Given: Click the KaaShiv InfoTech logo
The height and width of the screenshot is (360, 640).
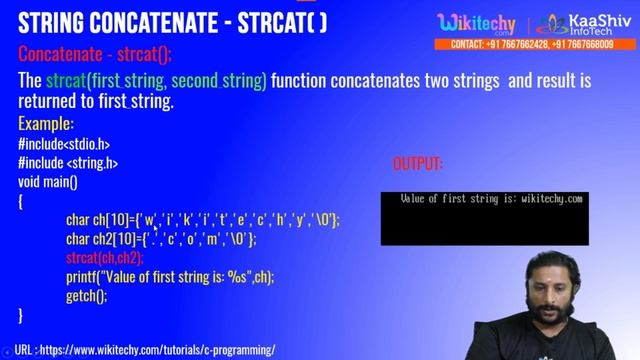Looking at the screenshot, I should coord(579,23).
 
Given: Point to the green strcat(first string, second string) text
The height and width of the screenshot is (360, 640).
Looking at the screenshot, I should coord(155,80).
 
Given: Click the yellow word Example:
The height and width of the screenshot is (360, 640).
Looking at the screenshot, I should coord(46,124).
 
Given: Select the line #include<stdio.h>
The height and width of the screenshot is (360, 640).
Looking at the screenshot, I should coord(64,144).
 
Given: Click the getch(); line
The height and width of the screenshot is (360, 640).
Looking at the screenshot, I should coord(86,296).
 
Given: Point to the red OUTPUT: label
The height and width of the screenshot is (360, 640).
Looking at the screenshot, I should coord(418,163).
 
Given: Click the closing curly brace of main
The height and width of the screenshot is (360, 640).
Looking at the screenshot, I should coord(21,316).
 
